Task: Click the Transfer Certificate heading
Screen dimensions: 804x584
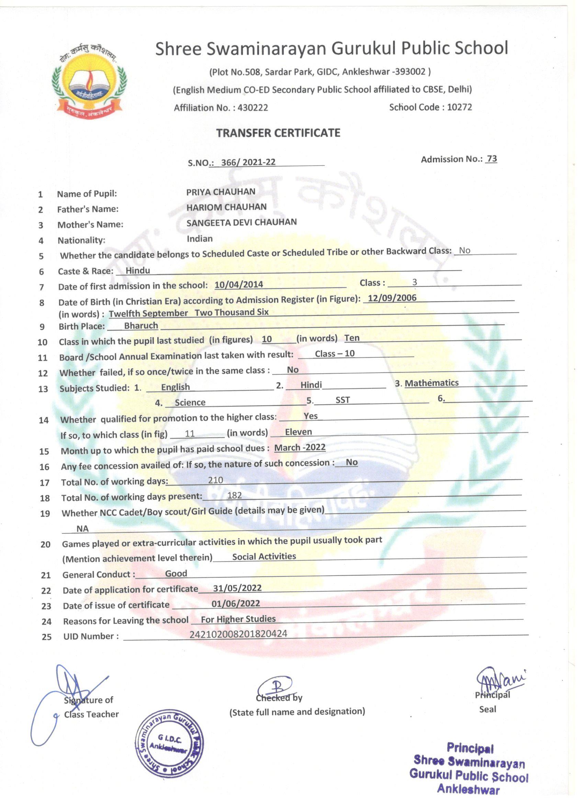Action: pos(278,133)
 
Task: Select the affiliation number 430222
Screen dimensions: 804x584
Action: pos(252,108)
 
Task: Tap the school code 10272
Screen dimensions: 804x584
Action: pos(459,107)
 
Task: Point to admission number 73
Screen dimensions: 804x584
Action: pos(492,159)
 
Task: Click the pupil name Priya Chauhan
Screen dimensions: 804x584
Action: pos(221,192)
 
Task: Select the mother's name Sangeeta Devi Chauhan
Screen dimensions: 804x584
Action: pos(242,222)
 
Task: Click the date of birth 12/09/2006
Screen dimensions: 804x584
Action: pos(392,298)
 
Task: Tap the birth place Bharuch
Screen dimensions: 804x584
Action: pos(141,325)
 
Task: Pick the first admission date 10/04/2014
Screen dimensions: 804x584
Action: pos(239,284)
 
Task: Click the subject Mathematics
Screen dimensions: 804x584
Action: pos(431,383)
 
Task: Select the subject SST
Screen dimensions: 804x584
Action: pos(342,400)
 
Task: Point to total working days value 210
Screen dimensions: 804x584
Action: pos(215,480)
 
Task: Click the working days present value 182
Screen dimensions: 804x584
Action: pos(234,495)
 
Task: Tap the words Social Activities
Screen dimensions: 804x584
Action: pos(264,556)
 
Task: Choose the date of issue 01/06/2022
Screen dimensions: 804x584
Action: pos(236,604)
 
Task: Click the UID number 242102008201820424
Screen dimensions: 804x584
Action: pos(238,634)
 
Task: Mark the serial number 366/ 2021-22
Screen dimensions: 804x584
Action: pos(248,162)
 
